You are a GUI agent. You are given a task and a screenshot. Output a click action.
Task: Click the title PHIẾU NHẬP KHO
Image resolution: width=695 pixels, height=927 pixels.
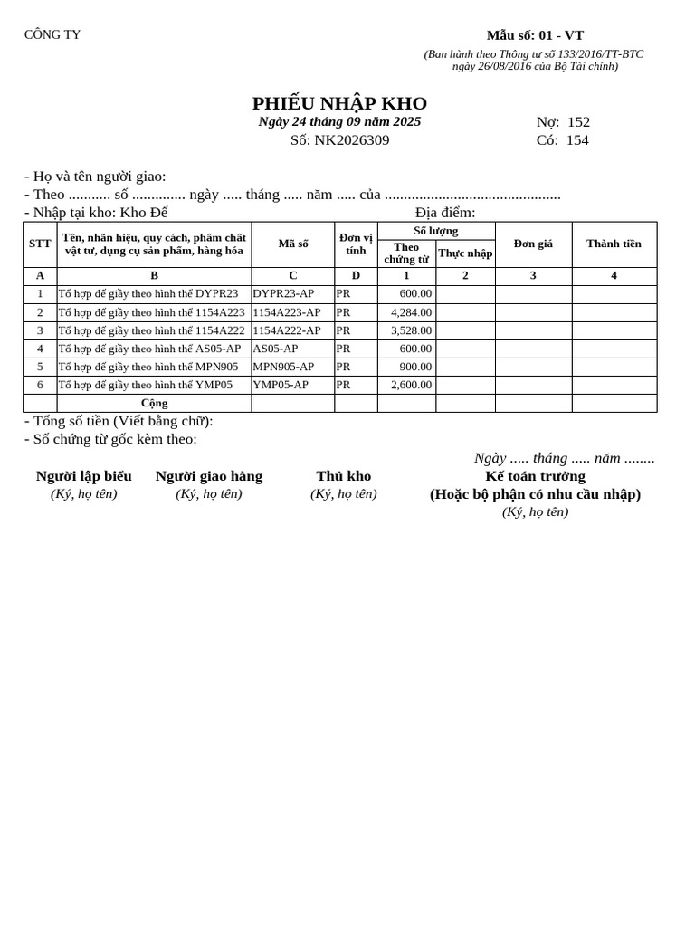click(x=339, y=103)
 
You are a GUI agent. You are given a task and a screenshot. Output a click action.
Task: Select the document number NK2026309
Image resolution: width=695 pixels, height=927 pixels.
click(x=352, y=140)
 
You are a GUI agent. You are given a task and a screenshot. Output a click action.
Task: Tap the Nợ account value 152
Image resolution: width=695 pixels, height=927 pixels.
click(x=578, y=122)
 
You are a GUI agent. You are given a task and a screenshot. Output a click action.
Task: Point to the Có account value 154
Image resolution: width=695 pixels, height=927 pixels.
click(x=577, y=140)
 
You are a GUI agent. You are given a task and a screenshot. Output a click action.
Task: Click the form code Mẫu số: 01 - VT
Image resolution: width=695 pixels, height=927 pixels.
click(x=535, y=35)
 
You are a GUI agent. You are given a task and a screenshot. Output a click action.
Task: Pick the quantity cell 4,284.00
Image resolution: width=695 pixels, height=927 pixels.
click(x=411, y=312)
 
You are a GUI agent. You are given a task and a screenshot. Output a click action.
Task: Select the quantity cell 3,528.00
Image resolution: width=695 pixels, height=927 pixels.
click(x=411, y=330)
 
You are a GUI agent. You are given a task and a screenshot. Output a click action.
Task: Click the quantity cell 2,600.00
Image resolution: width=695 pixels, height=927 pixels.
click(x=411, y=385)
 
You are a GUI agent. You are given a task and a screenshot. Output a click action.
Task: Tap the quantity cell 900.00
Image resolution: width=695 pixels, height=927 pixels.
click(x=415, y=367)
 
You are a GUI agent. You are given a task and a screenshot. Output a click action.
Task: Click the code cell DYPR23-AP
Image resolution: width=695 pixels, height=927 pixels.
click(x=283, y=293)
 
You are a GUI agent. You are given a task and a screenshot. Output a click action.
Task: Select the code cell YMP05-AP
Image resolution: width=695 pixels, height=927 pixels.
click(x=281, y=385)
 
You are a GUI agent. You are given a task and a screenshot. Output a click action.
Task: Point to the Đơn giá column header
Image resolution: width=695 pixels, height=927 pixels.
click(x=533, y=244)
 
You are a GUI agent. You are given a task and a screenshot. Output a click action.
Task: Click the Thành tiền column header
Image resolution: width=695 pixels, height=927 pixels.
click(x=614, y=244)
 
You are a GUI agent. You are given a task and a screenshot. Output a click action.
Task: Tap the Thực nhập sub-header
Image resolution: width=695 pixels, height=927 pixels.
click(x=465, y=253)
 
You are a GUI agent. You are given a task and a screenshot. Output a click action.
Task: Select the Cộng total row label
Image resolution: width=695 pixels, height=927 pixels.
click(x=154, y=403)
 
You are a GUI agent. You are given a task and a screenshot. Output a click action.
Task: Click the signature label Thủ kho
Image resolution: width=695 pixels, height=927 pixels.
click(x=343, y=476)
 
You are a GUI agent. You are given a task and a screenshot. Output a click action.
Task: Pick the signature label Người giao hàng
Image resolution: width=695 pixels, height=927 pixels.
click(x=209, y=476)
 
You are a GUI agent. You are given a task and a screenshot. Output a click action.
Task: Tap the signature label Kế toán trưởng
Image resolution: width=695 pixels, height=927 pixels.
click(x=535, y=476)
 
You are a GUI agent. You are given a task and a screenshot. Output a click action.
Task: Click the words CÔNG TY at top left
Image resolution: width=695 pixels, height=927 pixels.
click(x=52, y=35)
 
